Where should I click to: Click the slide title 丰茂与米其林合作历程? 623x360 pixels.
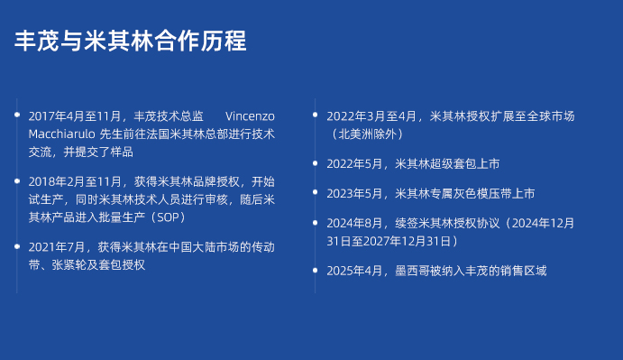click(x=131, y=41)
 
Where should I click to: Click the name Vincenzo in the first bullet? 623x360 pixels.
click(x=250, y=116)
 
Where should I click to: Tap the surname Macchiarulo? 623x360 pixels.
click(x=61, y=134)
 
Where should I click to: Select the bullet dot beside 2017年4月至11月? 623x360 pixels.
click(x=17, y=115)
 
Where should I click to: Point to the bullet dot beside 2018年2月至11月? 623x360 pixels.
click(x=17, y=181)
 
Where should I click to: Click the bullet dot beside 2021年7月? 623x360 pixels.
click(x=17, y=246)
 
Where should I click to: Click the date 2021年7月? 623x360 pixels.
click(x=57, y=247)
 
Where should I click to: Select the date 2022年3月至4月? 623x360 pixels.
click(x=371, y=116)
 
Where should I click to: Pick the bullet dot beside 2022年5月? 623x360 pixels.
click(x=315, y=162)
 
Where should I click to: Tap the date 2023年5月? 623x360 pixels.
click(x=354, y=194)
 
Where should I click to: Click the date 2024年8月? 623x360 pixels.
click(x=354, y=223)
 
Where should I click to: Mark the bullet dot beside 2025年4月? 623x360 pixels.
click(x=315, y=270)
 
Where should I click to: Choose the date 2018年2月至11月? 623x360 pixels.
click(x=75, y=181)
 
